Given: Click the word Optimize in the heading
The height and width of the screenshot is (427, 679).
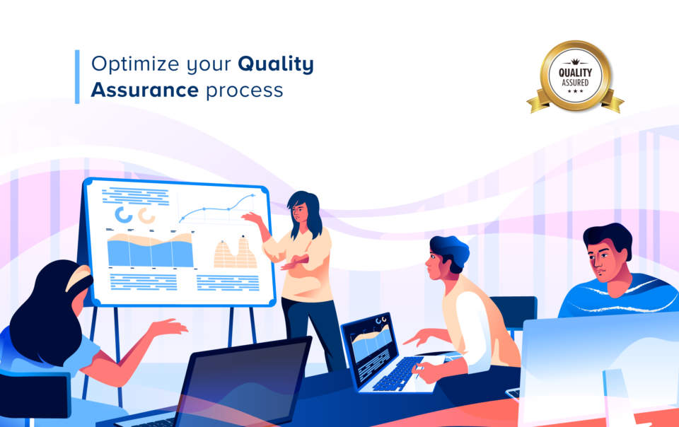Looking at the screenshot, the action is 135,64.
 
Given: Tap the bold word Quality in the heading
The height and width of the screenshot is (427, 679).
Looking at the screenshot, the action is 276,64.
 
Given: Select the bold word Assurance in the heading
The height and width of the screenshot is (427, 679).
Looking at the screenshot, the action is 144,90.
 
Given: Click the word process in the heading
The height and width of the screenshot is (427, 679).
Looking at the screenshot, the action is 244,92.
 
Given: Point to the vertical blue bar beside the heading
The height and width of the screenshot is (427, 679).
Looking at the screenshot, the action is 77,76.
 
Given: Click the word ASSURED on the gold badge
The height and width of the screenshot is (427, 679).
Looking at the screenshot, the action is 575,83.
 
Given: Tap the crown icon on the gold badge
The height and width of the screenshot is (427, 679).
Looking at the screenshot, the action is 575,62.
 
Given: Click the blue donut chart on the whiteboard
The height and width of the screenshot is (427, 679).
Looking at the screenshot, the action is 123,215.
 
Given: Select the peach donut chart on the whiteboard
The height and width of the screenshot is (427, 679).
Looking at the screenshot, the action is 147,215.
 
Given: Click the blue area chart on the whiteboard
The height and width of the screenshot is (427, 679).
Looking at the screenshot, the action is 150,250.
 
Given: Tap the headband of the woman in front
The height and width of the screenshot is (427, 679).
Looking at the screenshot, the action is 77,278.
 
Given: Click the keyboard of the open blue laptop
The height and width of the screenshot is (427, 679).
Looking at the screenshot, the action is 398,374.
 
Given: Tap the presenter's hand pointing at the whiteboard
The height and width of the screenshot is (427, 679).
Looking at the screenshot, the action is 252,218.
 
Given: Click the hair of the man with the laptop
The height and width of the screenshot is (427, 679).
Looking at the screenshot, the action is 451,250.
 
